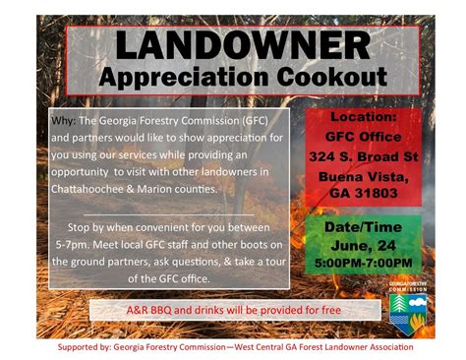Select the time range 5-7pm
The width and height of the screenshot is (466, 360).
point(69,246)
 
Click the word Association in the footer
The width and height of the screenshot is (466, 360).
point(386,347)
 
